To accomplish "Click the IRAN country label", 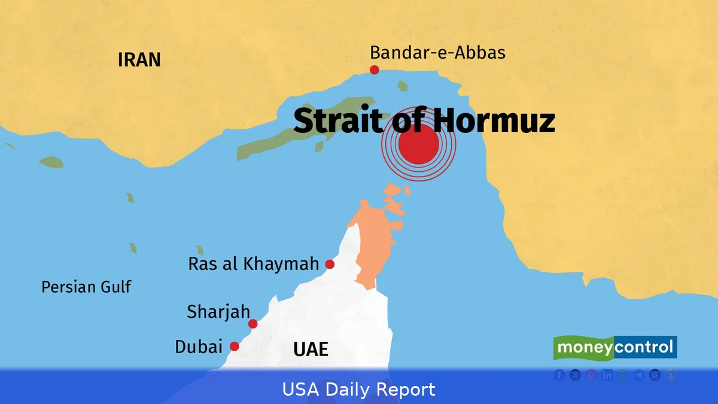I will [x=139, y=60].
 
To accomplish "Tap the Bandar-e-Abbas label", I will [x=437, y=53].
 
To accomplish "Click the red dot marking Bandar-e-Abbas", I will [x=375, y=70].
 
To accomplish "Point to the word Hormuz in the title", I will [x=494, y=121].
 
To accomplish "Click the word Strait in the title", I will [x=338, y=121].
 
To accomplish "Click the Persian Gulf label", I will [x=86, y=287].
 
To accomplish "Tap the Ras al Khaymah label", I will [x=254, y=264].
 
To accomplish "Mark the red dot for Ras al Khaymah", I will [x=330, y=264].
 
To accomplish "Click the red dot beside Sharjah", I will [x=253, y=324].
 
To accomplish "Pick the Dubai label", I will [x=199, y=347].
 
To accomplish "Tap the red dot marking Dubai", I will [x=235, y=347].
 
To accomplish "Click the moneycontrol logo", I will [x=615, y=347].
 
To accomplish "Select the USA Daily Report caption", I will [x=359, y=390].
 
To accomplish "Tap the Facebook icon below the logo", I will [x=559, y=375].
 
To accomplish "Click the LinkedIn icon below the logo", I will [x=607, y=375].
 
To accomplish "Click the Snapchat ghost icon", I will [x=671, y=375].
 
